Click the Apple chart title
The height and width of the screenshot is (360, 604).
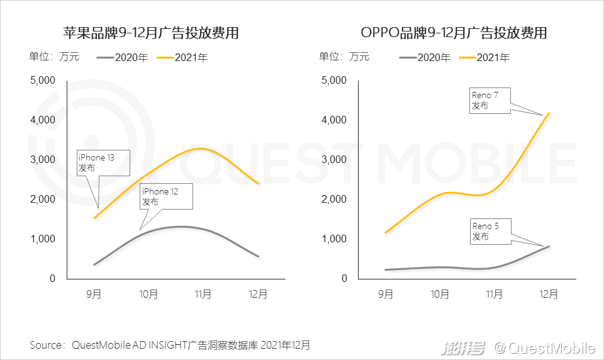pyautogui.click(x=150, y=33)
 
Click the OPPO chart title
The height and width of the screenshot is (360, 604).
pyautogui.click(x=453, y=33)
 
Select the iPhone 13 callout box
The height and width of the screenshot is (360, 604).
pyautogui.click(x=103, y=162)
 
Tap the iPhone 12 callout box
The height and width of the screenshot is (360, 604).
pyautogui.click(x=166, y=196)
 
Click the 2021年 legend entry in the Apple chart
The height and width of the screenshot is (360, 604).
pyautogui.click(x=182, y=58)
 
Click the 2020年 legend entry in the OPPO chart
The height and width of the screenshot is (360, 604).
pyautogui.click(x=425, y=58)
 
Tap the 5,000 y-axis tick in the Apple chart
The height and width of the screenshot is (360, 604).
pyautogui.click(x=43, y=80)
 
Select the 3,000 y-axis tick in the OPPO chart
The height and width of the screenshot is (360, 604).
pyautogui.click(x=334, y=159)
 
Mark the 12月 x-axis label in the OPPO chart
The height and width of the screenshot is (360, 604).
pyautogui.click(x=549, y=294)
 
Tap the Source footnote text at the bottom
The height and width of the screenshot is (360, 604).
pyautogui.click(x=170, y=345)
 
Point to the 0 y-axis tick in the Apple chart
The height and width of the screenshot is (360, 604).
pyautogui.click(x=53, y=278)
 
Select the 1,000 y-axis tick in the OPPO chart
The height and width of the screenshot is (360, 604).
pyautogui.click(x=334, y=239)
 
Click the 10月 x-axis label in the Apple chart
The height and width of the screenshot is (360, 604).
pyautogui.click(x=149, y=294)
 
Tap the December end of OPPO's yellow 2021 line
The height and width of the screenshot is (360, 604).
pyautogui.click(x=549, y=113)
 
